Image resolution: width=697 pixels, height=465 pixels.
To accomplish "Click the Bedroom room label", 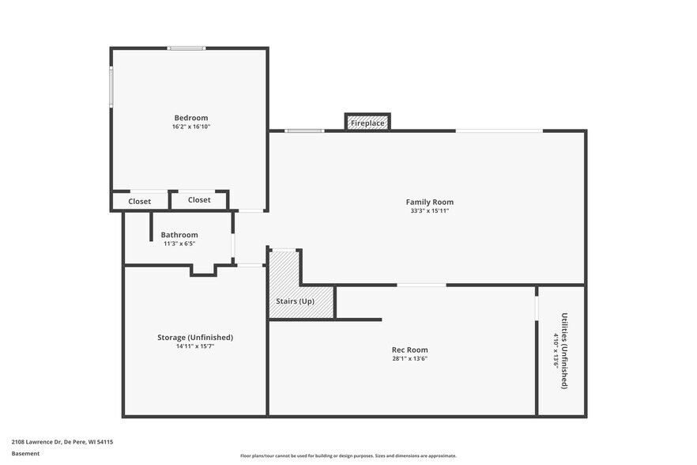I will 191,118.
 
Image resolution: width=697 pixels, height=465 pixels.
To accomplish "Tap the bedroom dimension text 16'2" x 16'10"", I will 191,127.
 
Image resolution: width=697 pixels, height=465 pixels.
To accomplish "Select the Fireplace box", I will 367,123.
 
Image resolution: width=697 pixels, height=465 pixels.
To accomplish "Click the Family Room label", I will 429,202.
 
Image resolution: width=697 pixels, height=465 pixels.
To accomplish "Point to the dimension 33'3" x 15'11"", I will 429,211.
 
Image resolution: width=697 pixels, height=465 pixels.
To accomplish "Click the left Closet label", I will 140,202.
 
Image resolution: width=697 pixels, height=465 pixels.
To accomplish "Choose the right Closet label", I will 199,200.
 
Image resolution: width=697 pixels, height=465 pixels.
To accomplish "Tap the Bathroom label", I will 179,235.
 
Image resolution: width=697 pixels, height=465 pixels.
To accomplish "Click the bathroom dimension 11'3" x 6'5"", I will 179,244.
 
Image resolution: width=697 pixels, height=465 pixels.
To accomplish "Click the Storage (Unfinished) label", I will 195,337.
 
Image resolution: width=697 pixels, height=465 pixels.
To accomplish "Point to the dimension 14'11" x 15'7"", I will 195,346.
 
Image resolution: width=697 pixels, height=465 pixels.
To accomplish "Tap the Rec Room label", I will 410,350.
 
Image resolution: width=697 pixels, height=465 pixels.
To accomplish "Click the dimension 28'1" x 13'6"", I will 410,358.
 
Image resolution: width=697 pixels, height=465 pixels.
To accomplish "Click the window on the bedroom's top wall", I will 186,48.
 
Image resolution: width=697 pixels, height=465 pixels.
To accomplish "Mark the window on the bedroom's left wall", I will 111,86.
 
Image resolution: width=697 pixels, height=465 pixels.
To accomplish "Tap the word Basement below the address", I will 25,454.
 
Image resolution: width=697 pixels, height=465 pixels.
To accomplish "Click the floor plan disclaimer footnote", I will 348,456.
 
